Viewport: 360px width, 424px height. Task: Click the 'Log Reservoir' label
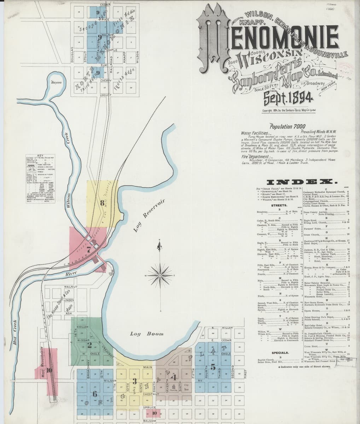point(150,216)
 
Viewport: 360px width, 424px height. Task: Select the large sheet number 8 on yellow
point(102,203)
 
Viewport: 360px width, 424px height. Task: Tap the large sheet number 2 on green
point(90,344)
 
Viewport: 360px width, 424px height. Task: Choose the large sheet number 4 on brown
point(174,377)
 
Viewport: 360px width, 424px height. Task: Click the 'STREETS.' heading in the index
point(279,205)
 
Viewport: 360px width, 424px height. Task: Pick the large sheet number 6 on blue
point(94,393)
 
